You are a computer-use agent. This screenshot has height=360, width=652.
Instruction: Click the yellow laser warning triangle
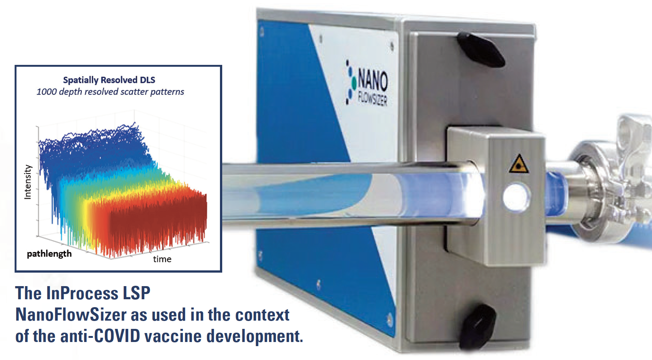(519, 164)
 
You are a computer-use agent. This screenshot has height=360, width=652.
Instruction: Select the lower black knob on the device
(478, 326)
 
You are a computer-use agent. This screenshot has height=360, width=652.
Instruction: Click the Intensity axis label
(28, 182)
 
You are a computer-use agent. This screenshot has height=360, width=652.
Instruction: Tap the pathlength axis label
(49, 254)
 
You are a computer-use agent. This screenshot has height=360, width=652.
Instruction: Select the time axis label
(162, 259)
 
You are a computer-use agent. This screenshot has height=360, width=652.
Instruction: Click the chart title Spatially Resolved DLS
(109, 80)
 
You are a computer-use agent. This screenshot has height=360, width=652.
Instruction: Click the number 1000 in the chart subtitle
(46, 92)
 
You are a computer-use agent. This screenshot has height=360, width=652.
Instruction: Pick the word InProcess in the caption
(82, 293)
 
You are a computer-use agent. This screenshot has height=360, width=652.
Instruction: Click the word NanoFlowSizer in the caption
(71, 314)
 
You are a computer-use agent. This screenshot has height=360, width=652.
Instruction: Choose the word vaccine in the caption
(173, 336)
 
